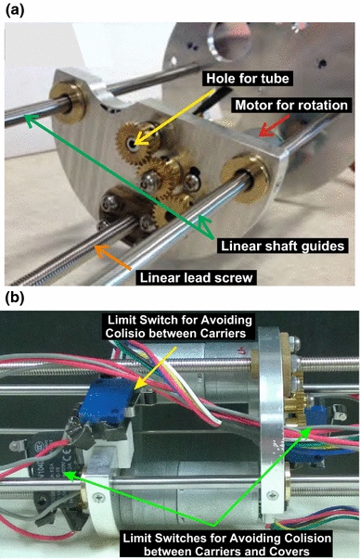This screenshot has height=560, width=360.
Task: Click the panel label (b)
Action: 15,300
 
